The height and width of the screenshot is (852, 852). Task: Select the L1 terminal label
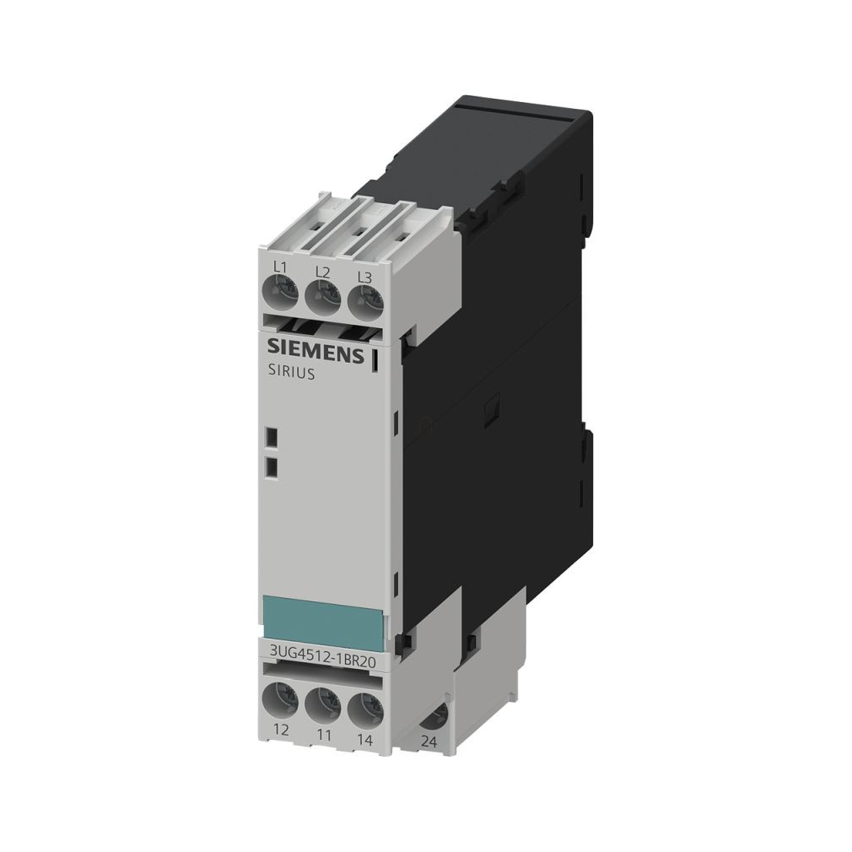pos(280,267)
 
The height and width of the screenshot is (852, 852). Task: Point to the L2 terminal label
pos(322,272)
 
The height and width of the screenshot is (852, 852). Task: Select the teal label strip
pos(326,619)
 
